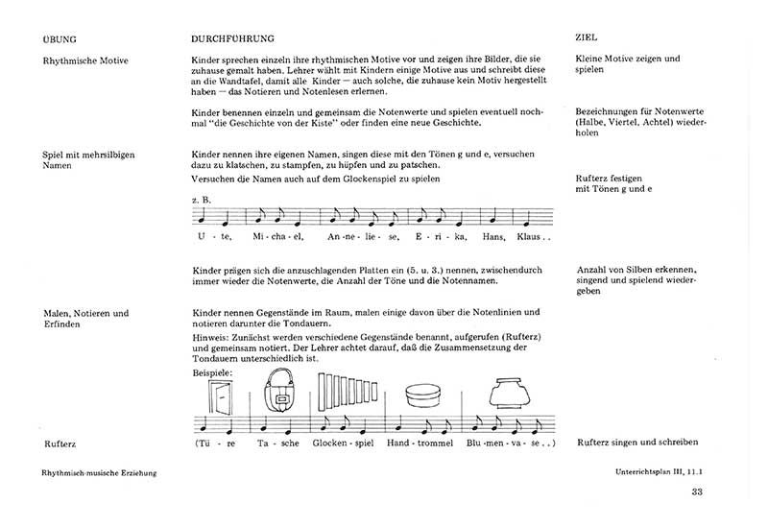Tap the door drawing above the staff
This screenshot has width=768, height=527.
222,397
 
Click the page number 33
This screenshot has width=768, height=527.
698,493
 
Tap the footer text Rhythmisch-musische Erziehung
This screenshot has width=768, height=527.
99,473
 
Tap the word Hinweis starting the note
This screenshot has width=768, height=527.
210,337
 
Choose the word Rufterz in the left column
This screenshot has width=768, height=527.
60,444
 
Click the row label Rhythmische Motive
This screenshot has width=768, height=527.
85,60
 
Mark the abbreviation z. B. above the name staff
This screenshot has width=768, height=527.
202,200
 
